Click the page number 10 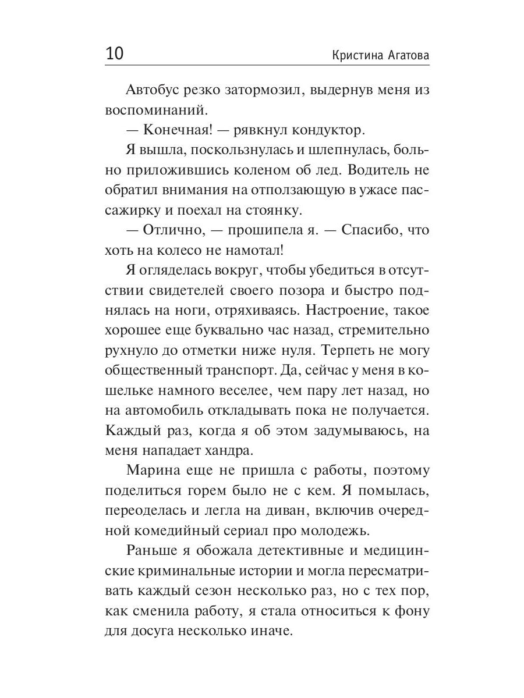115,54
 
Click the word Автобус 155,90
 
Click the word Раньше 153,551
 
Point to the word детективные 299,551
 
